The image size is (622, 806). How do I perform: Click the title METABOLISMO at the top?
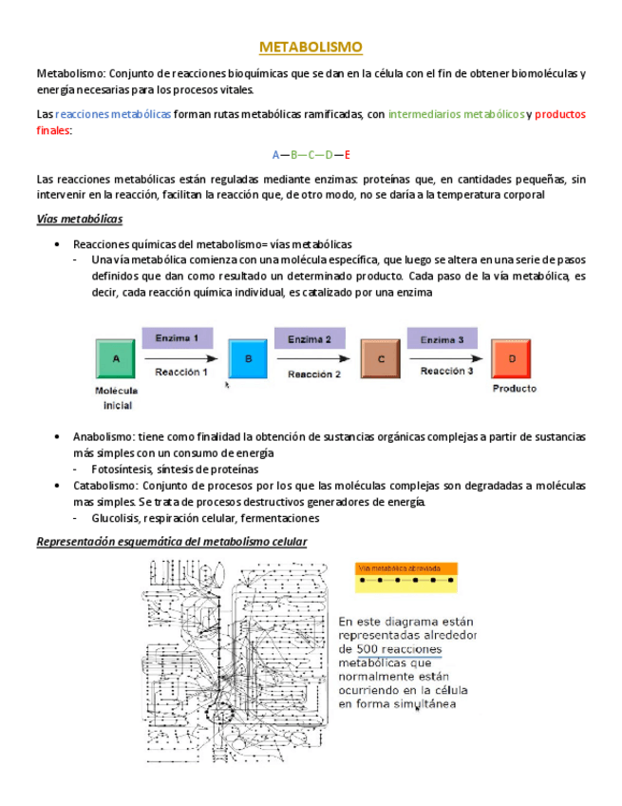[311, 47]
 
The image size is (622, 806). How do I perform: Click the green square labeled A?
[116, 359]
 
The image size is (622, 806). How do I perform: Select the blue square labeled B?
[248, 359]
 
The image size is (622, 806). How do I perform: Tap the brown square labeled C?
[380, 359]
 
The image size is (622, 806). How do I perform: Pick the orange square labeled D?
[511, 359]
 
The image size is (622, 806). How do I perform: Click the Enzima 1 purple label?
[177, 337]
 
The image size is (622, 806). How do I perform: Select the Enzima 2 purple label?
[310, 338]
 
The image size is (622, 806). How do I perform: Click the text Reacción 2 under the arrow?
[313, 374]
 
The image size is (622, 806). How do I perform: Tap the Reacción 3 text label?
[446, 372]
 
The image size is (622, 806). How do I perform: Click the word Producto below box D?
[513, 388]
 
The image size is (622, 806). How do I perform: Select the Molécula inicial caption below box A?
[117, 398]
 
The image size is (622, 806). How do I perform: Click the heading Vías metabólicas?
[79, 220]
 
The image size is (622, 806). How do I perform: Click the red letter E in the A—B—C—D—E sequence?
[347, 154]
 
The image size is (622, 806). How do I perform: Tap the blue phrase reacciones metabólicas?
[113, 114]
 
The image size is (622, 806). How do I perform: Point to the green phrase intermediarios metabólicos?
[456, 114]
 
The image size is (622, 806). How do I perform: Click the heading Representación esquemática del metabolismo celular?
[171, 542]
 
